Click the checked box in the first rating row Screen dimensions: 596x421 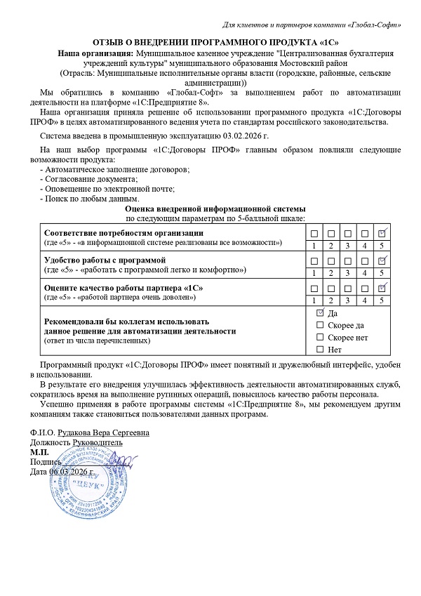382,233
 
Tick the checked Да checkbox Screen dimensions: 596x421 321,312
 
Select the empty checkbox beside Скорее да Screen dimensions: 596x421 321,325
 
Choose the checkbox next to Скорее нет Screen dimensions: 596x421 321,337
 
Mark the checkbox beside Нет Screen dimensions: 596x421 321,349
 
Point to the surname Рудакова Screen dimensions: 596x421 78,432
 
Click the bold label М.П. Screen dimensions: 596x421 40,453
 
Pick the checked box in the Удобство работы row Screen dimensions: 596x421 382,260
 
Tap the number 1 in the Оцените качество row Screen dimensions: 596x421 313,300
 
